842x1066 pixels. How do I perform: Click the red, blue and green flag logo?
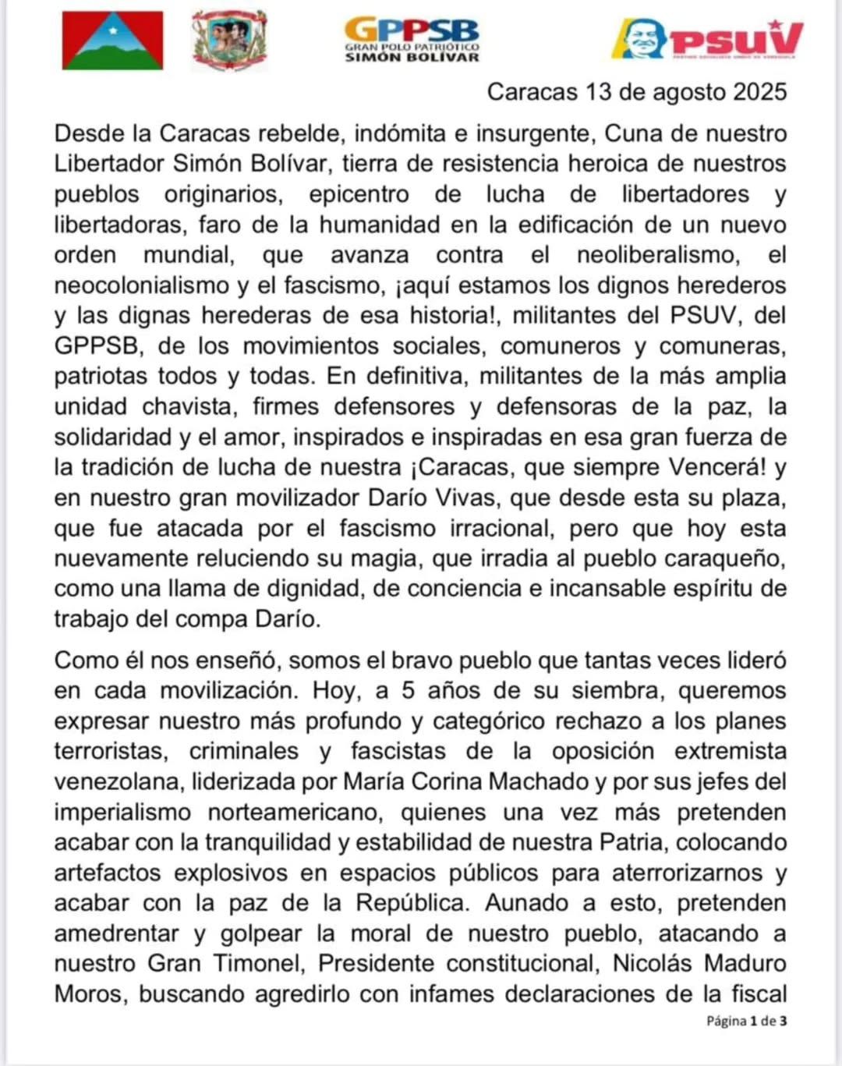pyautogui.click(x=113, y=41)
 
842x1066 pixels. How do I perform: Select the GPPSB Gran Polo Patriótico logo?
pyautogui.click(x=412, y=39)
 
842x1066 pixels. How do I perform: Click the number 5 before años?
pyautogui.click(x=409, y=691)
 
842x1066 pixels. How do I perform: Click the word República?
pyautogui.click(x=412, y=903)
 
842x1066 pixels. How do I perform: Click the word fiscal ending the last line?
pyautogui.click(x=757, y=994)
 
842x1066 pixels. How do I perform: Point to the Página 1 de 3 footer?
pyautogui.click(x=746, y=1021)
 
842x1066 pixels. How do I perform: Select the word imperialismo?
pyautogui.click(x=122, y=812)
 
